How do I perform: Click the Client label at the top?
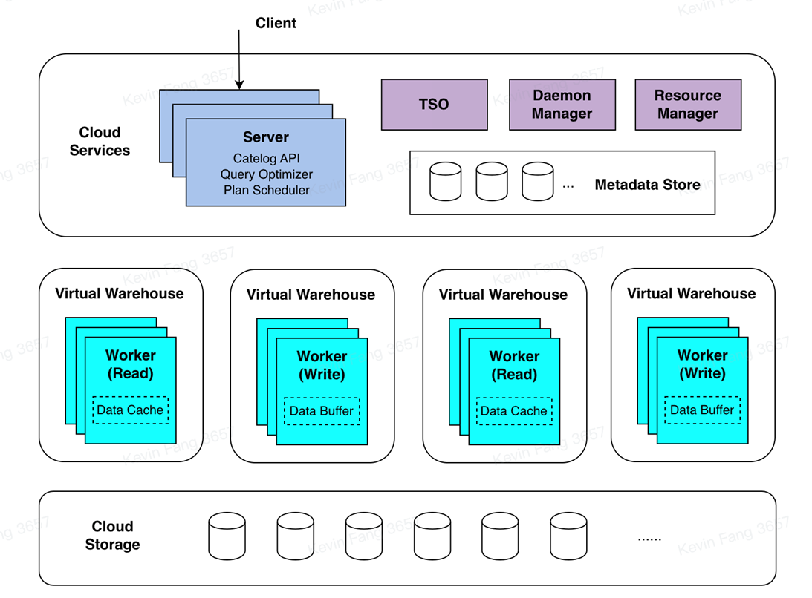tap(276, 23)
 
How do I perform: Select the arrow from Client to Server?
tap(239, 59)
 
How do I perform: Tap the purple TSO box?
tap(434, 105)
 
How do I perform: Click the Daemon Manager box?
tap(562, 105)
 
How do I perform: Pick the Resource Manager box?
tap(687, 105)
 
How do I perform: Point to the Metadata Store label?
tap(647, 185)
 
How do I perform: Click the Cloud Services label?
tap(100, 141)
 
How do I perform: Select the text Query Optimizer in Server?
tap(266, 174)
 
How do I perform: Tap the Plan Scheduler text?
tap(266, 191)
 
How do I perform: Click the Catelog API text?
tap(266, 158)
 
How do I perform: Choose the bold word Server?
tap(266, 137)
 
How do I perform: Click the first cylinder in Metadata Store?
tap(445, 183)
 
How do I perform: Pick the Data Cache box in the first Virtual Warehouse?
tap(130, 410)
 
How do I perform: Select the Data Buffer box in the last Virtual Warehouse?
tap(702, 410)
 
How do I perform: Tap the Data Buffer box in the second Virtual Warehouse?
tap(322, 411)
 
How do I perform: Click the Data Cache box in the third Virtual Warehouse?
tap(513, 411)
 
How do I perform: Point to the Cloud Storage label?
tap(112, 536)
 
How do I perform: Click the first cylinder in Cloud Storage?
tap(227, 536)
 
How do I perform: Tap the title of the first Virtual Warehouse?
tap(119, 293)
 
